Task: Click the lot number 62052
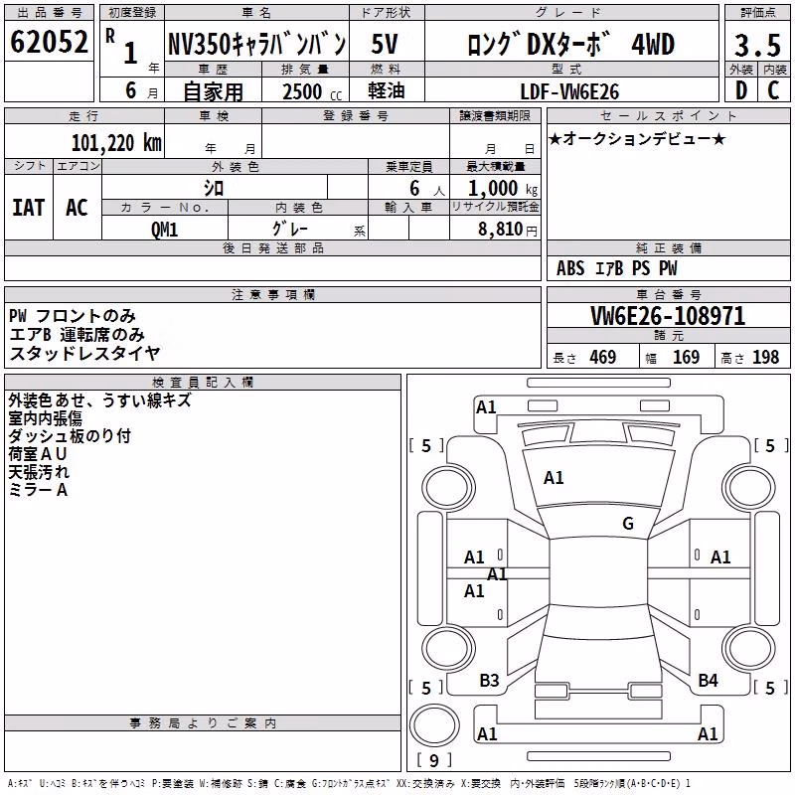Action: click(x=49, y=41)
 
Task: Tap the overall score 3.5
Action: click(x=757, y=45)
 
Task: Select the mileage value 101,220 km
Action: click(x=116, y=143)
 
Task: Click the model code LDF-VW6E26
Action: click(x=569, y=91)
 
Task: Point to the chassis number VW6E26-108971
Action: click(x=668, y=316)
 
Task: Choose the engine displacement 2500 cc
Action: click(x=312, y=91)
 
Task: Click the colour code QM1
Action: click(x=164, y=230)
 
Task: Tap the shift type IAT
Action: click(x=29, y=208)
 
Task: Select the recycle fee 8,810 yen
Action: click(x=507, y=230)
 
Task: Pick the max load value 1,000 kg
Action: click(x=502, y=189)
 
